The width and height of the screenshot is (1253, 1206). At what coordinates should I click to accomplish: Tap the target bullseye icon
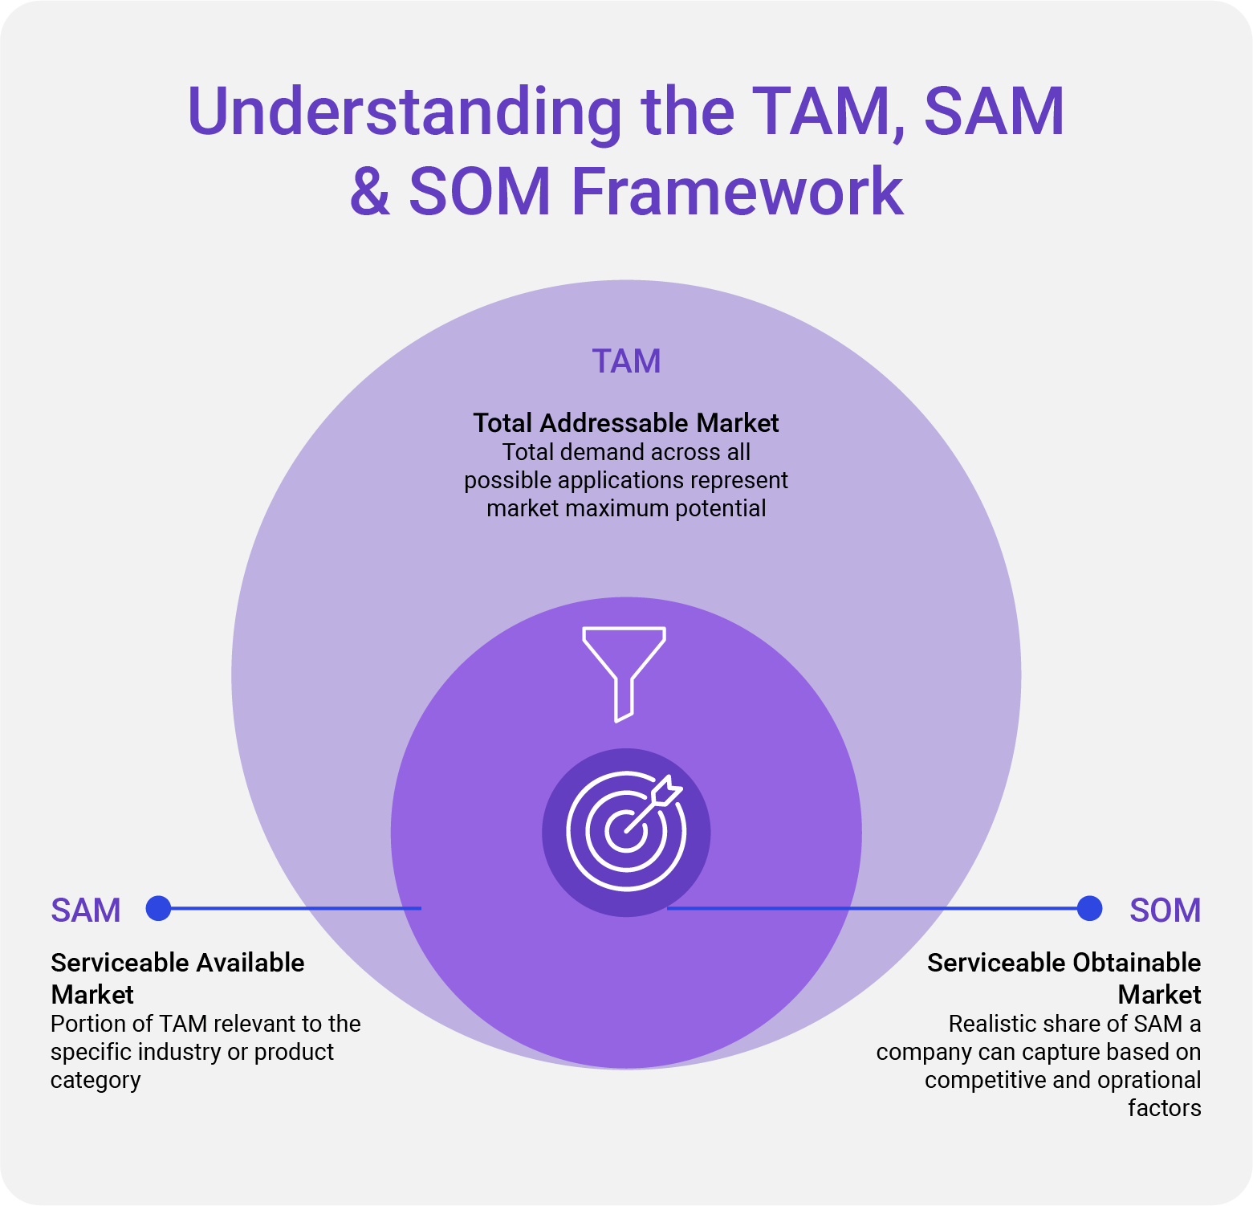(626, 832)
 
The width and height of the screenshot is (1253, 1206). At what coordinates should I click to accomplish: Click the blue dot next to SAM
(159, 908)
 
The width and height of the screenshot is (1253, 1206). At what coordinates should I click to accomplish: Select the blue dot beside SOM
(1089, 908)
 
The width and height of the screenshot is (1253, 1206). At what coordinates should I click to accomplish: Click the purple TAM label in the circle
(626, 361)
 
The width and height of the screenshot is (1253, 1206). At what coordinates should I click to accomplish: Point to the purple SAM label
(86, 911)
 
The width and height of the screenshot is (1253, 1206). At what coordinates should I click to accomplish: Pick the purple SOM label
(1165, 911)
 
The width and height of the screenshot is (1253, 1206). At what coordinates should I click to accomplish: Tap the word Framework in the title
(737, 192)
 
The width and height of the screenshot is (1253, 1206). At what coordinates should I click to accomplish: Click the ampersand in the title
(370, 192)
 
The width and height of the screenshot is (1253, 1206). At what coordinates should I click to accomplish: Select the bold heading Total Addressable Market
(626, 423)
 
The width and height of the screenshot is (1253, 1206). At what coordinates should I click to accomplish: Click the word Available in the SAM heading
(250, 963)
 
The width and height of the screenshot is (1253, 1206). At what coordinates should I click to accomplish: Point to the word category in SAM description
(96, 1081)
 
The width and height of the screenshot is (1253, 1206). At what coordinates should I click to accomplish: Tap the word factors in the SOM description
(1164, 1108)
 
